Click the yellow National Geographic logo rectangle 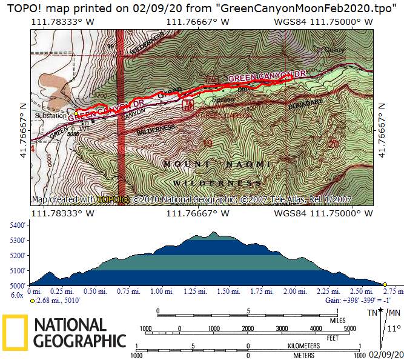click(x=15, y=333)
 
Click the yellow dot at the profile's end click(x=385, y=284)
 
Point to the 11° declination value click(x=394, y=328)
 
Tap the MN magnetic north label click(x=394, y=313)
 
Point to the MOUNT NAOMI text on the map click(x=216, y=164)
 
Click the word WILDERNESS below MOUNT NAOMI click(x=217, y=182)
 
